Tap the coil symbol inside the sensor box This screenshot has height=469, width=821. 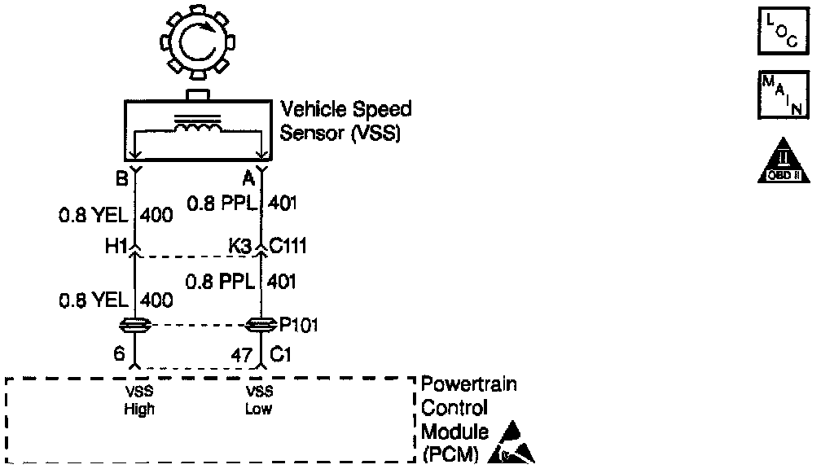pyautogui.click(x=197, y=129)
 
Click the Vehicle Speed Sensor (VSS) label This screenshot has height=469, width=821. pyautogui.click(x=345, y=121)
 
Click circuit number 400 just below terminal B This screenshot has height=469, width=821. pyautogui.click(x=157, y=216)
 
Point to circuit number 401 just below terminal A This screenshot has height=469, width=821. pyautogui.click(x=281, y=203)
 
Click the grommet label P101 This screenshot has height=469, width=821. pyautogui.click(x=298, y=326)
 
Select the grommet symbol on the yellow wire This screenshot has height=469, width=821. pyautogui.click(x=135, y=327)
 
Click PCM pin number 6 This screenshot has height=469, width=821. pyautogui.click(x=121, y=355)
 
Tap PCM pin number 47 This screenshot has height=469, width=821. pyautogui.click(x=243, y=355)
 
